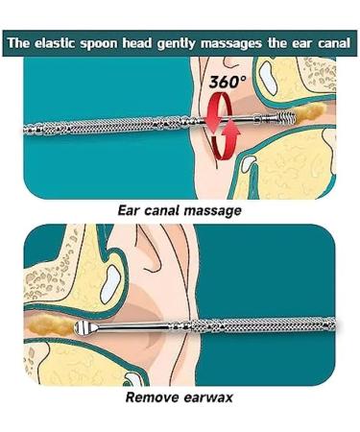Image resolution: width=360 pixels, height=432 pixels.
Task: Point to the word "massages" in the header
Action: point(231,43)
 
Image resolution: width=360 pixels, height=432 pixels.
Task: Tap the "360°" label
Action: point(228,84)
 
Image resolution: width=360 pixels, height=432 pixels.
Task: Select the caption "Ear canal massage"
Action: point(179,208)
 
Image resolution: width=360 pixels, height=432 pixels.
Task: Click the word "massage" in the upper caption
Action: point(213,208)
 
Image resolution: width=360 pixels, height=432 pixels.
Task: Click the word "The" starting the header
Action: point(19,43)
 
